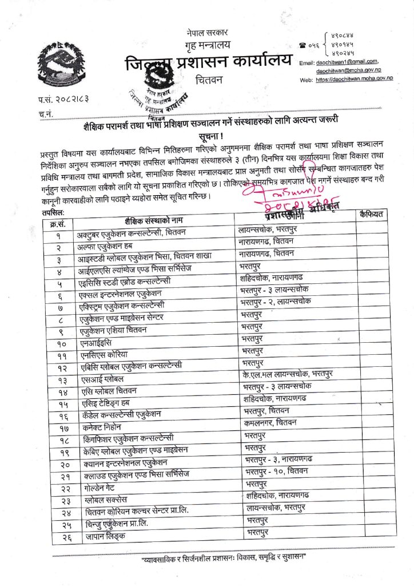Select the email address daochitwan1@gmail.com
point(349,61)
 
